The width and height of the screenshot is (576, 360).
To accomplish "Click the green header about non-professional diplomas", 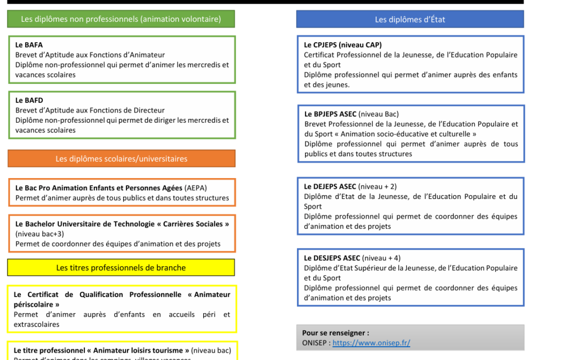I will click(121, 19).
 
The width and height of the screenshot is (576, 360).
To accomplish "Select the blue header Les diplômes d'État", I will click(410, 19).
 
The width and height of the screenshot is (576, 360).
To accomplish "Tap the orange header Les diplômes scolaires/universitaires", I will click(121, 159).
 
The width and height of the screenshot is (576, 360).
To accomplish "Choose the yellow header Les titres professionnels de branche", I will click(121, 268).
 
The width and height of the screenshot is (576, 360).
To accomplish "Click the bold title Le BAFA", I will click(29, 45).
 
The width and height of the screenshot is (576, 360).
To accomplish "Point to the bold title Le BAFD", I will click(29, 100).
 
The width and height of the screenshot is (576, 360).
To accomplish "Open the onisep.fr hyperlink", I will click(371, 343).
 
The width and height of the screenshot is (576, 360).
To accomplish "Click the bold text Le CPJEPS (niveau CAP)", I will click(343, 45).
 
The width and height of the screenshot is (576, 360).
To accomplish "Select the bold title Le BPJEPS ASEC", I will click(330, 114).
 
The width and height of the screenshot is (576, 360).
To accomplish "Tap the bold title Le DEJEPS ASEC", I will click(330, 187).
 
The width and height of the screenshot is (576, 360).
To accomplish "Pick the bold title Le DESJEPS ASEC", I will click(332, 258).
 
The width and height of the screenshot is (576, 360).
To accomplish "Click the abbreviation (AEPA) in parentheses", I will click(196, 188).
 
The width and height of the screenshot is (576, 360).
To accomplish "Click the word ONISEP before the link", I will click(314, 343).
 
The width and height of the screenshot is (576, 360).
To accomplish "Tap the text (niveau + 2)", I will click(377, 187).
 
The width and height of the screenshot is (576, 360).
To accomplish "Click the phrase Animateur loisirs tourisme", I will click(141, 350).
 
